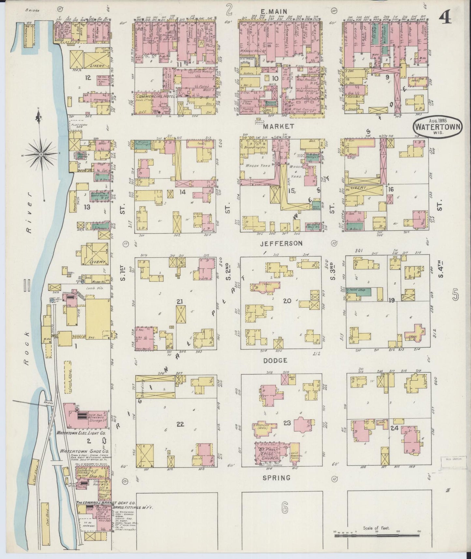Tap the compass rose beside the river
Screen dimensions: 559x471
coord(42,154)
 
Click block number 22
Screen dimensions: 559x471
coord(180,424)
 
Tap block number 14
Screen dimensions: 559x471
coord(182,192)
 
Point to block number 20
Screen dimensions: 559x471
coord(287,301)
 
